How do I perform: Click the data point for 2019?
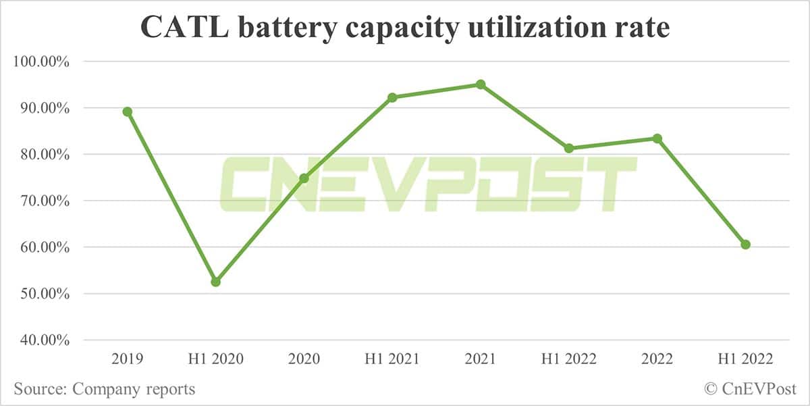click(127, 111)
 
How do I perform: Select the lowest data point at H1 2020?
click(215, 282)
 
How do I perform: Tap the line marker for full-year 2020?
click(304, 178)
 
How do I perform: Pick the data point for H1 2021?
click(392, 97)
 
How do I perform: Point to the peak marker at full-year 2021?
click(481, 84)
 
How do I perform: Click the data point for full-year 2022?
click(657, 138)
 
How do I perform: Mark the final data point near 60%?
click(745, 245)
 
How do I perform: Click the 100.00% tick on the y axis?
click(41, 61)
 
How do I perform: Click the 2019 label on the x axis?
click(127, 359)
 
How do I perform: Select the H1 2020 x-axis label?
click(215, 359)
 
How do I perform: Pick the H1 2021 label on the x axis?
click(392, 359)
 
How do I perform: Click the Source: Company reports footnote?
click(104, 389)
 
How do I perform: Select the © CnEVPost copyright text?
click(749, 389)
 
